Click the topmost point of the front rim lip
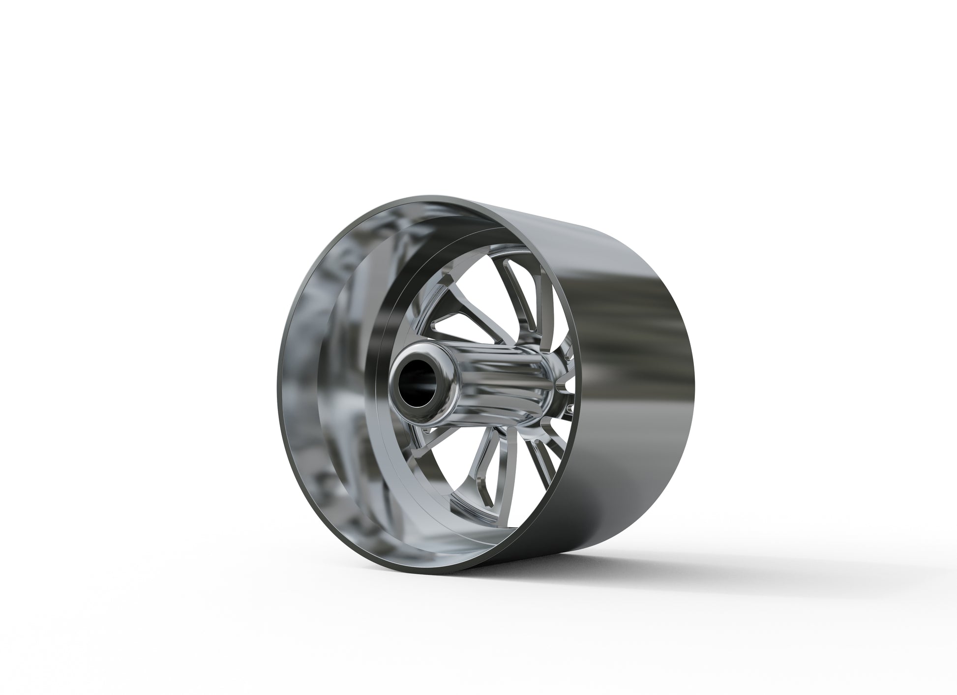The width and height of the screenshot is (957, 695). pyautogui.click(x=433, y=197)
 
